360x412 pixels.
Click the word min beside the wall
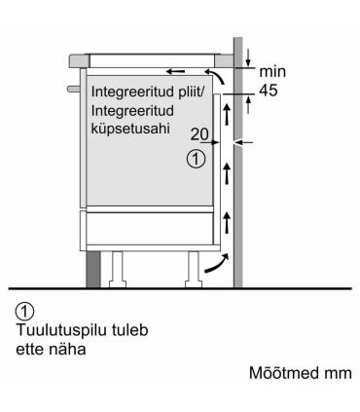click(x=273, y=71)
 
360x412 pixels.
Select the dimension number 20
click(x=199, y=135)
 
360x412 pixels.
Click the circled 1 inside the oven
click(x=197, y=158)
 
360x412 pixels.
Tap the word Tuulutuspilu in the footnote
click(x=54, y=329)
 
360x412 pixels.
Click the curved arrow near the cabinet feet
click(x=221, y=260)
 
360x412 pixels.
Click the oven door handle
click(x=70, y=91)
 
